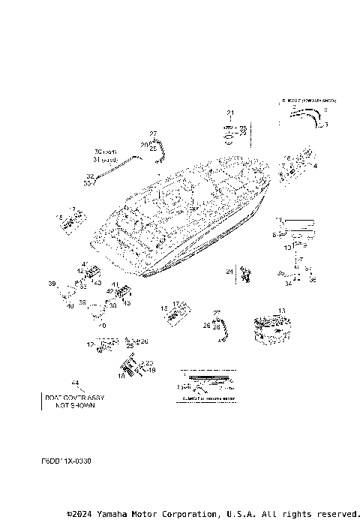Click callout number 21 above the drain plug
click(x=231, y=113)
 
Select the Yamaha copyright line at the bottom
click(x=213, y=514)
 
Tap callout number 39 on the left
click(x=52, y=284)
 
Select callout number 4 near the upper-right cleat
click(x=315, y=165)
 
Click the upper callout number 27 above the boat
click(x=152, y=133)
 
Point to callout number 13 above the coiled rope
click(x=281, y=310)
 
